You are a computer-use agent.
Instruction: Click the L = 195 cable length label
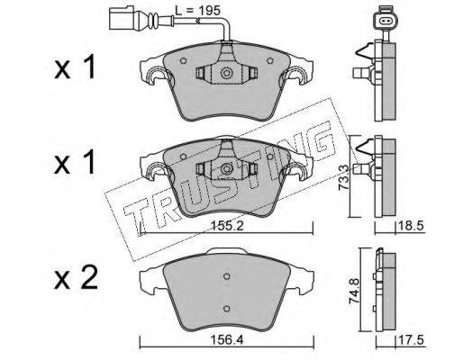tap(197, 11)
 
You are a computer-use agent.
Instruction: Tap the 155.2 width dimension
tap(227, 226)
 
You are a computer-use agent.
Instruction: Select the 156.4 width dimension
tap(227, 340)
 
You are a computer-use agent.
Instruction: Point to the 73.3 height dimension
tap(343, 177)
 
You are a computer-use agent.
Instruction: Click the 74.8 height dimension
tap(356, 291)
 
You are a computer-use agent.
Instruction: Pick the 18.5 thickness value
tap(411, 226)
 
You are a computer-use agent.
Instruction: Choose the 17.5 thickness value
tap(411, 340)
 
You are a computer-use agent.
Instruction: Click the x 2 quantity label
tap(76, 278)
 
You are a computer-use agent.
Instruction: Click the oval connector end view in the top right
tap(385, 21)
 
